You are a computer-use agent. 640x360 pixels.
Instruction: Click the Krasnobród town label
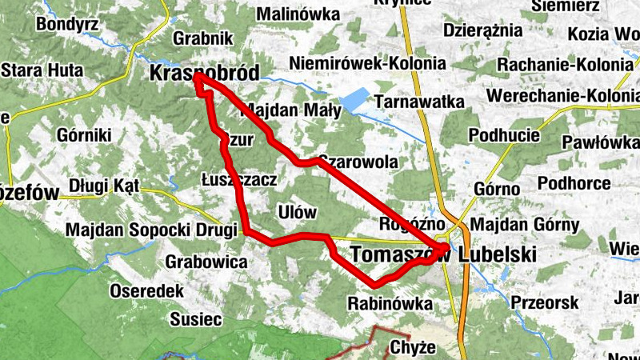point(205,74)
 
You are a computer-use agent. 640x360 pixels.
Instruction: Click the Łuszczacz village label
point(239,181)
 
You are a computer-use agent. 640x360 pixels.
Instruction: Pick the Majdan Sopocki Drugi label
point(151,230)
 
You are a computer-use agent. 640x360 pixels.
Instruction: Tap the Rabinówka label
point(390,303)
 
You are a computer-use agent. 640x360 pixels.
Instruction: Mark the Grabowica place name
point(206,261)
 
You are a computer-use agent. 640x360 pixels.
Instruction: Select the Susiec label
point(195,319)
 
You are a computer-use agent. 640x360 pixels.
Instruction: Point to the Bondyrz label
point(66,24)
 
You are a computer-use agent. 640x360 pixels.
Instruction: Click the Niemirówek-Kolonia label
point(367,62)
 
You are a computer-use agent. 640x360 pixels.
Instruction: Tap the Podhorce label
point(574,183)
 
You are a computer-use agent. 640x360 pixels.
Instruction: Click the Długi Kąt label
point(104,186)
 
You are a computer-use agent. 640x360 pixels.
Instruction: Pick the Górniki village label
point(84,135)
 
